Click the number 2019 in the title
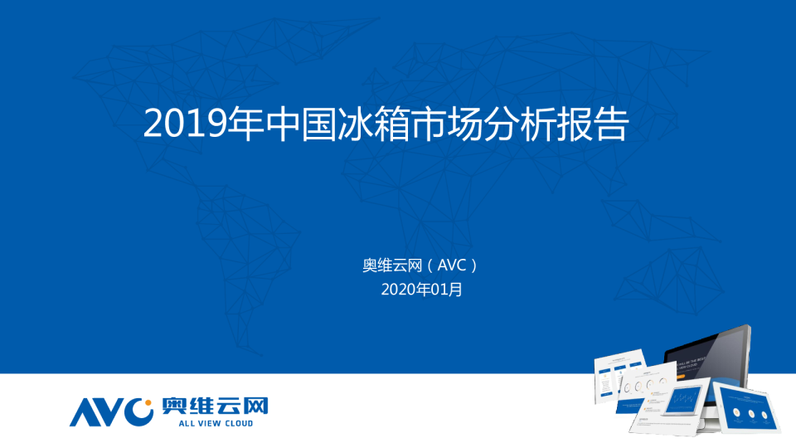pyautogui.click(x=184, y=124)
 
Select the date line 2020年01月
pyautogui.click(x=421, y=290)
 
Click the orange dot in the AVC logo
pyautogui.click(x=148, y=406)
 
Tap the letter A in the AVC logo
pyautogui.click(x=85, y=411)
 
